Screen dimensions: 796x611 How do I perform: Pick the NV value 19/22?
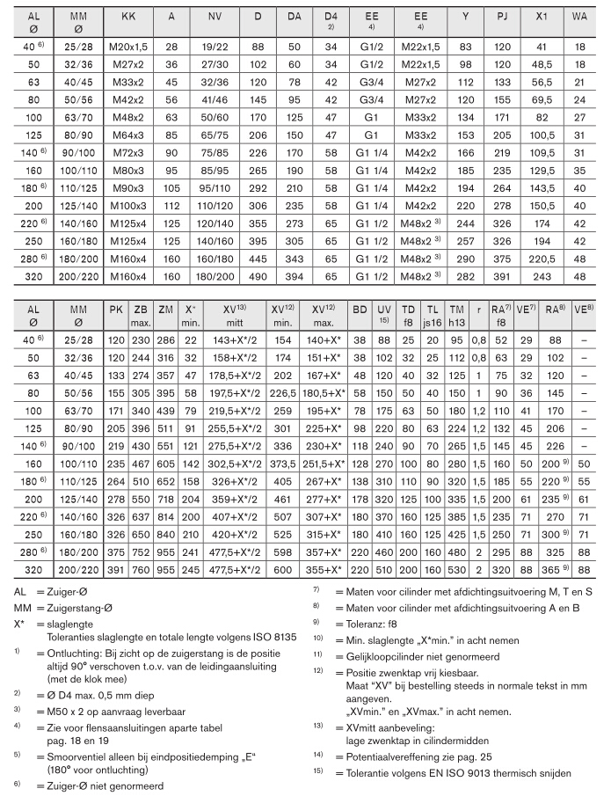click(214, 44)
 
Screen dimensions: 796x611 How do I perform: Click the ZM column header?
click(165, 310)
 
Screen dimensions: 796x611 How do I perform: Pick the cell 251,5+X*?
click(324, 463)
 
